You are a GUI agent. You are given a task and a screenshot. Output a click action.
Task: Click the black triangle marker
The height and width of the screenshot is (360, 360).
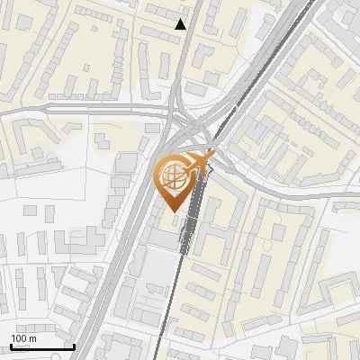pos(181,24)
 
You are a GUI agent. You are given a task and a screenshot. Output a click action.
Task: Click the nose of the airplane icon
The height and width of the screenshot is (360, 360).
pos(213,156)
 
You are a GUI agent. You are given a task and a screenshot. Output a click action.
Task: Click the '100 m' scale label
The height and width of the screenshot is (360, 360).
pos(23,338)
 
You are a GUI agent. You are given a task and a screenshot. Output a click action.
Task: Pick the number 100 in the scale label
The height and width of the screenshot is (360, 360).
pos(19,338)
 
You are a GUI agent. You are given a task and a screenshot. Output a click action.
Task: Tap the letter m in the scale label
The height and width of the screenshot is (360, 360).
pos(32,338)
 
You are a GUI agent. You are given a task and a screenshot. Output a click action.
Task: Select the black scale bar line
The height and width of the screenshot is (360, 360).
pos(41,346)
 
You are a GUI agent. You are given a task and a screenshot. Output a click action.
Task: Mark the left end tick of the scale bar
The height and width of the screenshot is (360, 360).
pos(10,345)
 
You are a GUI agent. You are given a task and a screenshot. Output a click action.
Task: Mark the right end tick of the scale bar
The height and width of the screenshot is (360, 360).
pos(73,345)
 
